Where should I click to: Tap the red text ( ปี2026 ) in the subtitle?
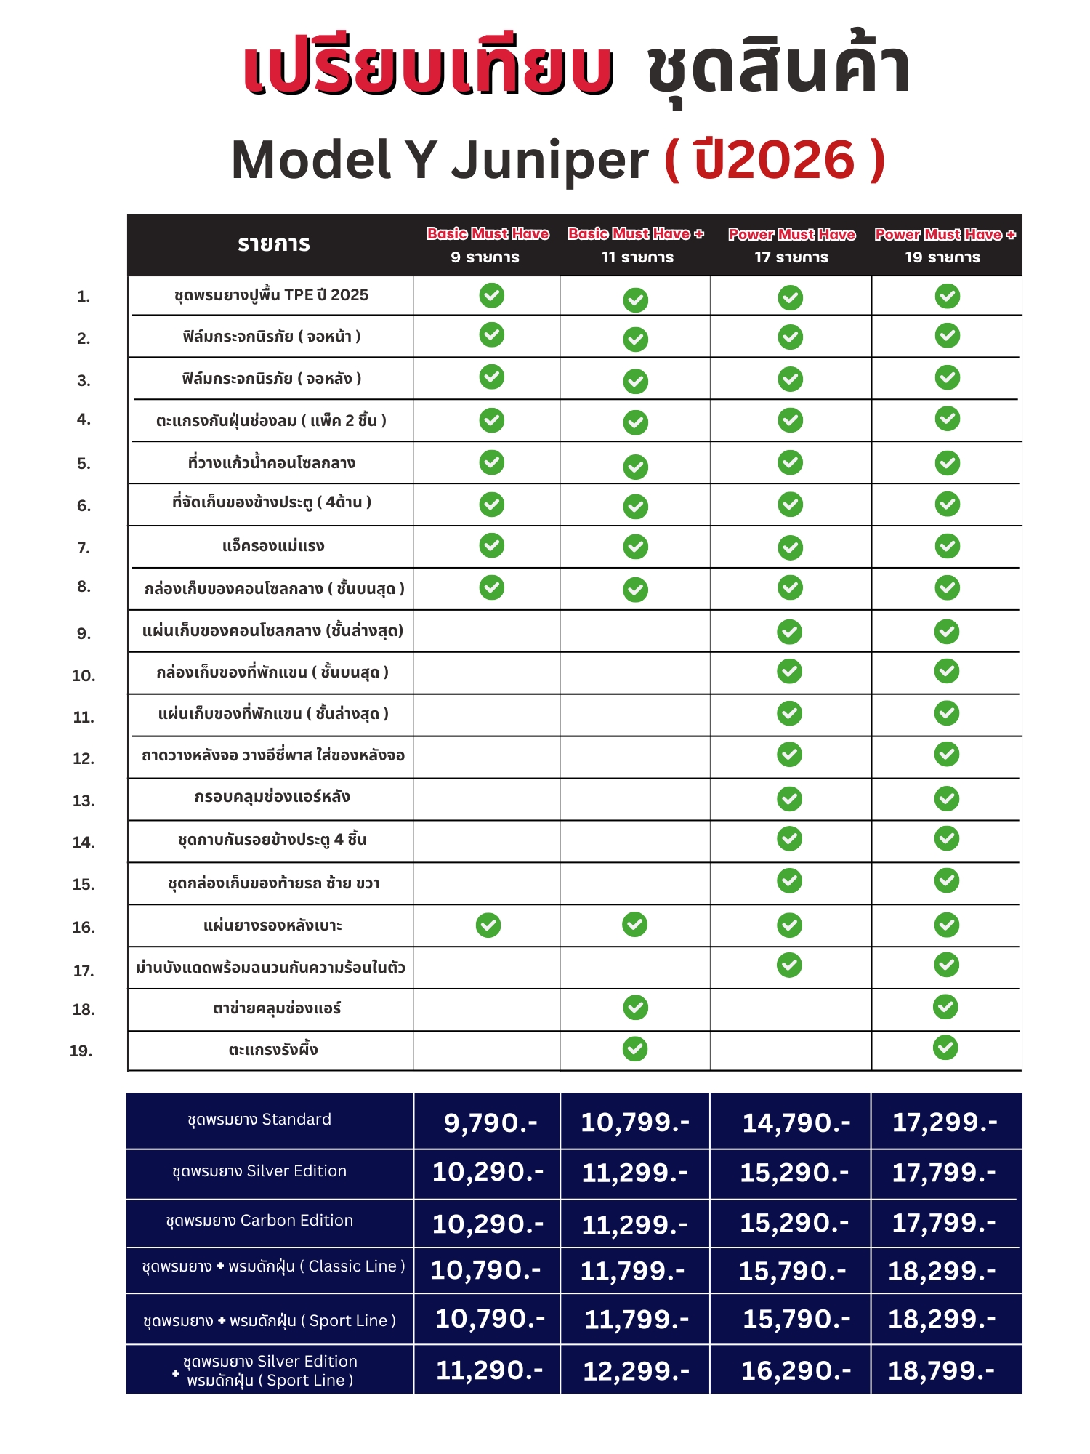775,160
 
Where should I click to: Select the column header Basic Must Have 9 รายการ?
487,245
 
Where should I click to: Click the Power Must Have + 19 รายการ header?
944,245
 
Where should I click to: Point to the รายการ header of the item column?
274,244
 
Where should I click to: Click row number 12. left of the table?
84,758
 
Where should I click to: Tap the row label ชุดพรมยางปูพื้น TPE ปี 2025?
271,295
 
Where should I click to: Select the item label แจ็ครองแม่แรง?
273,546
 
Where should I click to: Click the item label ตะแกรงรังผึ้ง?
273,1050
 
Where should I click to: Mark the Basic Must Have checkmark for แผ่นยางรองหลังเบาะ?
488,925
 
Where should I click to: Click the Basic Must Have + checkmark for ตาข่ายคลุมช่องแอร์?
635,1008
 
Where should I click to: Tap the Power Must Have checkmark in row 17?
789,965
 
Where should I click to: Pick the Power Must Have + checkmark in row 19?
945,1048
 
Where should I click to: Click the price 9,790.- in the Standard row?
490,1123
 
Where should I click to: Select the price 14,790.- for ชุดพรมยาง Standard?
796,1123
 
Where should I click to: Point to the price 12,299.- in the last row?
636,1371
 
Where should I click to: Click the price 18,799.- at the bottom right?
941,1371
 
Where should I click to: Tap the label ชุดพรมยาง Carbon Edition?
259,1221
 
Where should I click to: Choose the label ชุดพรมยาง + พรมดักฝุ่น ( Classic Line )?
273,1266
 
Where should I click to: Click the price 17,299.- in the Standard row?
945,1122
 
